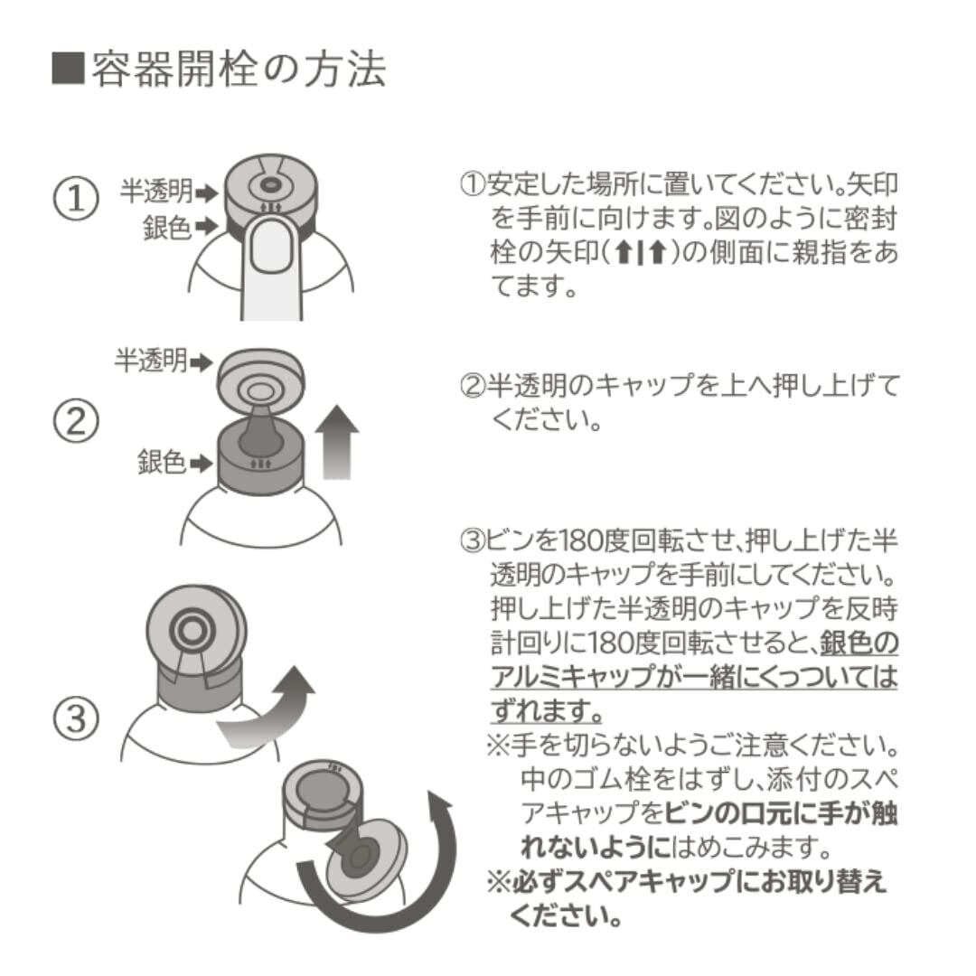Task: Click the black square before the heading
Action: [67, 69]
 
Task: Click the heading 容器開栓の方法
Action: [239, 69]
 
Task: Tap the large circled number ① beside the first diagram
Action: [76, 199]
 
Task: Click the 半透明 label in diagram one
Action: [156, 192]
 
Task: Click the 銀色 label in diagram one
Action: [167, 227]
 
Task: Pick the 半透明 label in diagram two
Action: [151, 361]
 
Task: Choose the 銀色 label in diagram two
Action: [162, 462]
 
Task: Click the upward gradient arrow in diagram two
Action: [337, 442]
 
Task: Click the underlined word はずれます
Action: [547, 710]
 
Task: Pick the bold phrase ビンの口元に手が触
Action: [781, 813]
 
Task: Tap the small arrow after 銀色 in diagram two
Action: [201, 463]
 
